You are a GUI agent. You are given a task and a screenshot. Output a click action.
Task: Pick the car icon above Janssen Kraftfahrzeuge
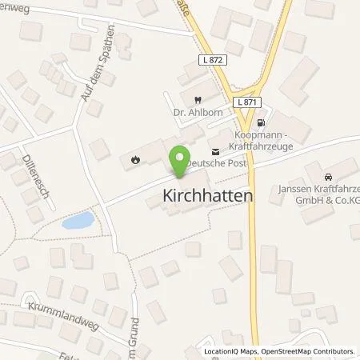pos(327,176)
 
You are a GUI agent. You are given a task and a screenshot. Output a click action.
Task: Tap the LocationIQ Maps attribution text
pos(230,351)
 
